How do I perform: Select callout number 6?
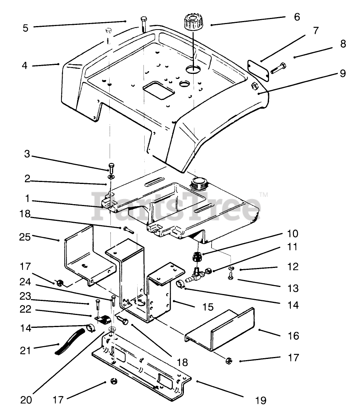pos(297,17)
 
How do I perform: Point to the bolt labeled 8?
pos(278,68)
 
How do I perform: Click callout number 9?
pos(343,73)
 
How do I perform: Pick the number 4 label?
pos(24,65)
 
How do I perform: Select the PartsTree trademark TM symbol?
pos(264,195)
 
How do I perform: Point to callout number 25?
pos(25,237)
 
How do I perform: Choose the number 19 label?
pos(261,400)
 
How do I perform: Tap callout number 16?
pos(293,336)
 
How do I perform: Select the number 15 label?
pos(208,307)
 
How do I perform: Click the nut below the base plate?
pos(114,381)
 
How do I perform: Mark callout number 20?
pos(26,400)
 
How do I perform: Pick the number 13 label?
pos(293,288)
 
